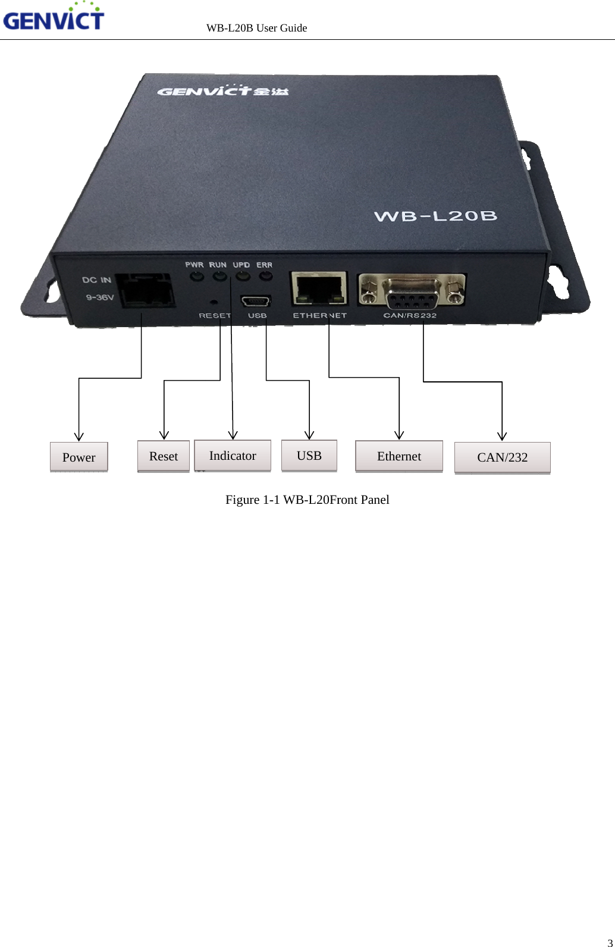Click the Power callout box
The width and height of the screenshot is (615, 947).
79,457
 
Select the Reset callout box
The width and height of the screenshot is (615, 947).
164,456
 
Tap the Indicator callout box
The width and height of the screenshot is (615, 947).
233,456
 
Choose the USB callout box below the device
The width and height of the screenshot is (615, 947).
309,456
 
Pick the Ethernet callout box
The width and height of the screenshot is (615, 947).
399,456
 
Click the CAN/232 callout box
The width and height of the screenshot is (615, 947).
503,457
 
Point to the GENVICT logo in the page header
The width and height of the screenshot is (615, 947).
54,18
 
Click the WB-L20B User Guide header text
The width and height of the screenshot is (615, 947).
256,28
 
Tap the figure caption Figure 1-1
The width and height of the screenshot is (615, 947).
307,500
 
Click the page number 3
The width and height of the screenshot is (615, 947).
610,942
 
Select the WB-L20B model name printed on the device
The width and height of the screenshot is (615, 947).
435,216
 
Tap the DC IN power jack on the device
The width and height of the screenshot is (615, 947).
146,291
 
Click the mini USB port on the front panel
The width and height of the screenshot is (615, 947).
256,301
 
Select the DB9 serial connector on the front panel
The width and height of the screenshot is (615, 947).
412,291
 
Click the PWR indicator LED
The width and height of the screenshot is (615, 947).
194,276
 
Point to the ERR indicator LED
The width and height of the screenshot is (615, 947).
265,276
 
